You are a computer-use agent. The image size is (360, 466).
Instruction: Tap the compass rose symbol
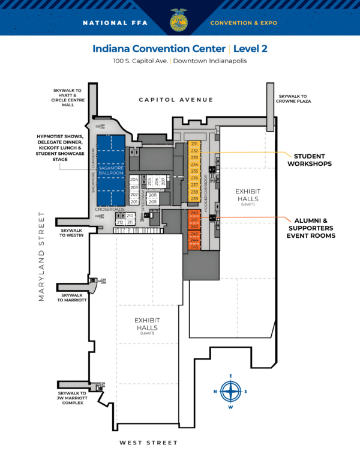[230, 392]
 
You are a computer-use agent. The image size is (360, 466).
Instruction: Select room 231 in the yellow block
[194, 144]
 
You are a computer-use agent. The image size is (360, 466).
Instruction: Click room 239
[194, 199]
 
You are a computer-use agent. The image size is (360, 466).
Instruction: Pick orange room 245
[194, 246]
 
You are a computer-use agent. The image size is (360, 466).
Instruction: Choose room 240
[194, 213]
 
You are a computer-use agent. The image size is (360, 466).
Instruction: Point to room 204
[134, 180]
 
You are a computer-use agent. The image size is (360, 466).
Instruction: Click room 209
[153, 202]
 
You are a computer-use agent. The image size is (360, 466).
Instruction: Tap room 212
[120, 222]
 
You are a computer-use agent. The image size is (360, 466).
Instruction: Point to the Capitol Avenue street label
[176, 100]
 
